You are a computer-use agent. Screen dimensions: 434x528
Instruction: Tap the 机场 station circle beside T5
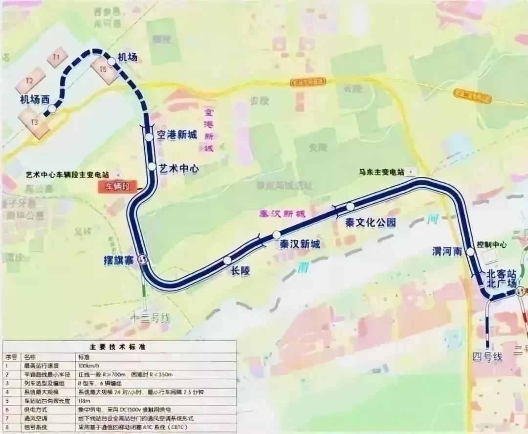(x=111, y=61)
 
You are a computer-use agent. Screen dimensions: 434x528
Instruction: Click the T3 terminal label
(x=34, y=122)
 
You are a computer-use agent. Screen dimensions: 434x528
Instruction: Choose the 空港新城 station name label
(x=176, y=135)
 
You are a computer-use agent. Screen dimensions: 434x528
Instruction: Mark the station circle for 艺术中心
(x=152, y=167)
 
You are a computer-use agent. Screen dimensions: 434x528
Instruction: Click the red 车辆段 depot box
(x=115, y=186)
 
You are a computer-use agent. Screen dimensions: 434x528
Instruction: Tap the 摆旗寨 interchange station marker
(x=143, y=260)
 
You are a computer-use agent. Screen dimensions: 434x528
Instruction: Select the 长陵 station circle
(x=227, y=260)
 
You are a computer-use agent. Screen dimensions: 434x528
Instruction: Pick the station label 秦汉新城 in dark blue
(x=297, y=244)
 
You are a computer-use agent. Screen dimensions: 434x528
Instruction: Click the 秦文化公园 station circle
(x=350, y=207)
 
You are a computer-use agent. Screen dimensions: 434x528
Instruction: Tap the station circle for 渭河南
(x=470, y=252)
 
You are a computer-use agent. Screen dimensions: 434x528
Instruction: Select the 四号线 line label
(x=487, y=357)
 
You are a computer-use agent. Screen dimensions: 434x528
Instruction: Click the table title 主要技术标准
(x=119, y=347)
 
